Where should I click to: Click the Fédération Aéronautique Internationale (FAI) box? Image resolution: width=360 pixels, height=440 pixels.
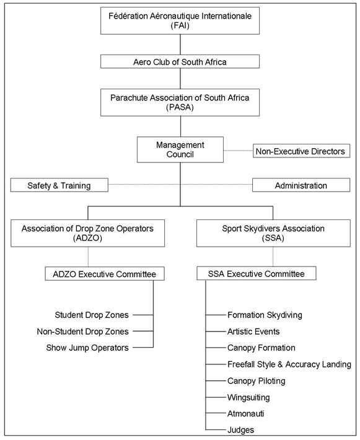tap(180, 21)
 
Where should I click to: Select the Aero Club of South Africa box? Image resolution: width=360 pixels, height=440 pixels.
tap(180, 61)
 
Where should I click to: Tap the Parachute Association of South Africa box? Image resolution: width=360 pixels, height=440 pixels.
tap(180, 102)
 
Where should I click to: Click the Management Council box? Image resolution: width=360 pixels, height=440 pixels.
tap(180, 149)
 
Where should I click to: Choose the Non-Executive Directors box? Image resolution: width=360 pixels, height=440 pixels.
tap(301, 151)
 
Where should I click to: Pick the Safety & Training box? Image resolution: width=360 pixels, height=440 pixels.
tap(59, 185)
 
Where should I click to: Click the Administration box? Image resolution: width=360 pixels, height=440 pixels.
tap(301, 185)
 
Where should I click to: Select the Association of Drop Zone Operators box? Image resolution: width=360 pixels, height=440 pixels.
tap(87, 233)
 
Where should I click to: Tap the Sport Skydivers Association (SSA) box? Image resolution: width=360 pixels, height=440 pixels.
tap(273, 233)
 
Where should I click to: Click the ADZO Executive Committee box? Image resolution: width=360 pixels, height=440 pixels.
tap(105, 273)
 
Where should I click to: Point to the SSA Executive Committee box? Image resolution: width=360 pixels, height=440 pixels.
tap(257, 273)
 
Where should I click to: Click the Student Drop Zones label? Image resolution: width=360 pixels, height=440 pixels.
tap(92, 315)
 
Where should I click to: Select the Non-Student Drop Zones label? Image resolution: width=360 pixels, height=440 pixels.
tap(83, 332)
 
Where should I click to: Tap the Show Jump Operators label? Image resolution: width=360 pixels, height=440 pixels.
tap(87, 348)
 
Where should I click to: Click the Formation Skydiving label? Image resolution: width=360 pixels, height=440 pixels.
tap(265, 315)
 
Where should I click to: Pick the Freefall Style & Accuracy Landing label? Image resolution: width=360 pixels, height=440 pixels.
tap(289, 364)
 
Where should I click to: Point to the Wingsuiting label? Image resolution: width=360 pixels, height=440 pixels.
tap(248, 397)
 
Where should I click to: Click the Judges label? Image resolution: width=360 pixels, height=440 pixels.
tap(241, 430)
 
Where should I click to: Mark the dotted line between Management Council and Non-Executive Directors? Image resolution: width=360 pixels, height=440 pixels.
tap(238, 151)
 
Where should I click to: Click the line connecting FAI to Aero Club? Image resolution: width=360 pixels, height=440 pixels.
tap(180, 45)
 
